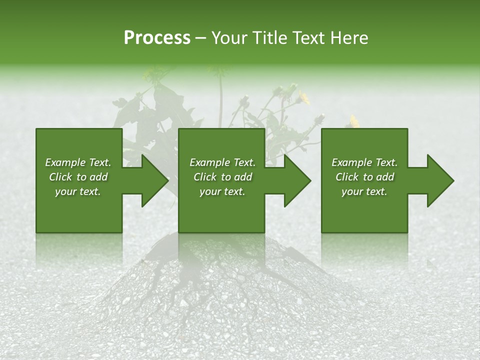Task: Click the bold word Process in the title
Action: (x=157, y=38)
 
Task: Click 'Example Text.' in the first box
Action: (x=78, y=162)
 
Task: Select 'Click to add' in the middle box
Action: (x=222, y=177)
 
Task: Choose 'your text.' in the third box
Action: (x=364, y=191)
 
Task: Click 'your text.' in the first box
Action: (x=78, y=191)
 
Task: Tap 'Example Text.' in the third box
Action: (x=364, y=162)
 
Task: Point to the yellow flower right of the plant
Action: (x=354, y=120)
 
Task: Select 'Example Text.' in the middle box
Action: (x=222, y=162)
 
